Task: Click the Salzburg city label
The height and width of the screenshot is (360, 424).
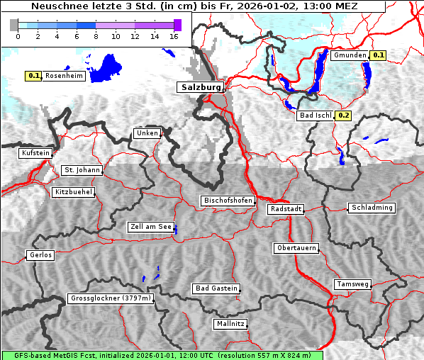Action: click(x=200, y=87)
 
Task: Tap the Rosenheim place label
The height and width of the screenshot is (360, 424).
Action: click(x=64, y=75)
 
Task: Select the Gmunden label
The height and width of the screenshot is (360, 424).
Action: click(x=350, y=55)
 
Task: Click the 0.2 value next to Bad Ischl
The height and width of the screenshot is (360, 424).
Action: click(x=344, y=116)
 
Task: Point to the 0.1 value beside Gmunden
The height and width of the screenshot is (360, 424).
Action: click(x=378, y=55)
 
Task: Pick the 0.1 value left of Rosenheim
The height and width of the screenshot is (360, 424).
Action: click(x=33, y=75)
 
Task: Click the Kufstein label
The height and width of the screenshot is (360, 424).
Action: click(x=35, y=153)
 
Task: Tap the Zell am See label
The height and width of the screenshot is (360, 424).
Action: click(x=150, y=227)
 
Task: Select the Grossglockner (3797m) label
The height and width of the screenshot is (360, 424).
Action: click(x=111, y=298)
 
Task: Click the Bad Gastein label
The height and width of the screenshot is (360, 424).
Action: click(x=216, y=288)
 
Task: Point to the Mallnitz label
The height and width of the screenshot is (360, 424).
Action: click(x=230, y=324)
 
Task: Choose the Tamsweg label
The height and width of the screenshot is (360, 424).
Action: click(x=352, y=284)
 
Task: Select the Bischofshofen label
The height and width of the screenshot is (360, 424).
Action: click(x=228, y=201)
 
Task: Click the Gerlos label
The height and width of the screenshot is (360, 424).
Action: click(x=40, y=255)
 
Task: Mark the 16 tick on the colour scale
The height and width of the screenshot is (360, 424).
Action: click(x=174, y=36)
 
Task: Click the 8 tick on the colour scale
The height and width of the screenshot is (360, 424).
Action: click(x=96, y=36)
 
